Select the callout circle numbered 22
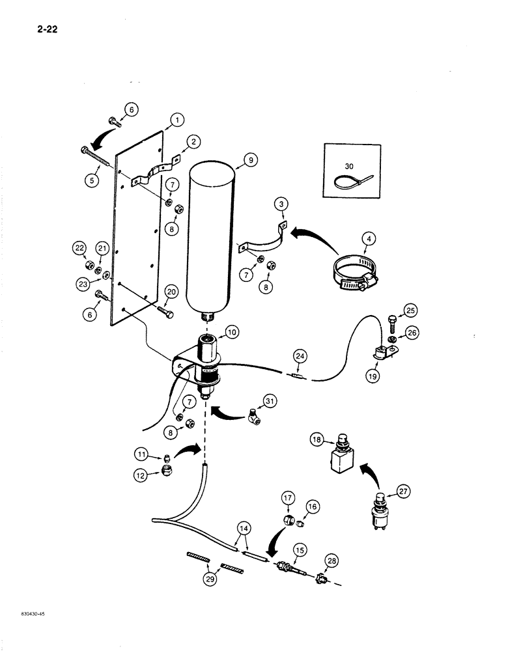pyautogui.click(x=80, y=247)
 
